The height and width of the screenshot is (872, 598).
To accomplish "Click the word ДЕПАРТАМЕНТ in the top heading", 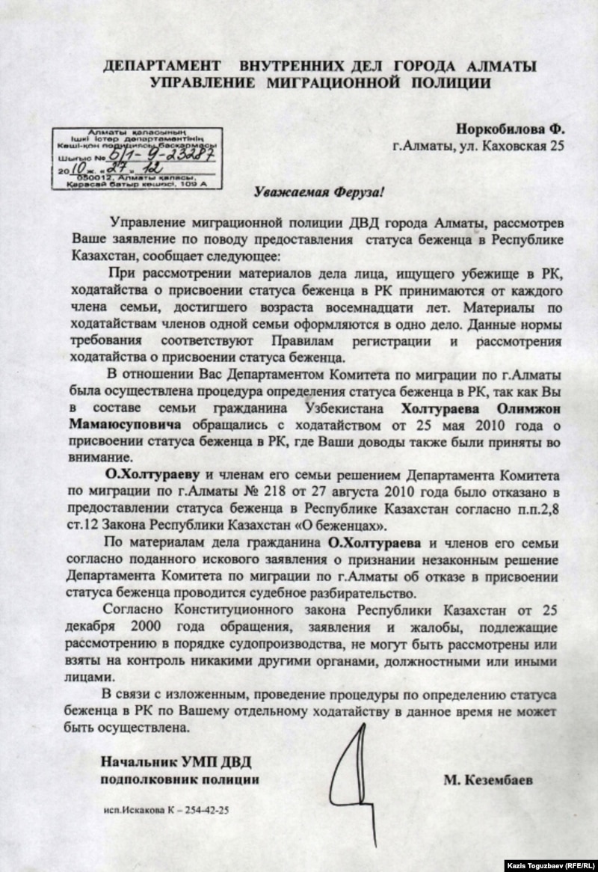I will coord(154,67).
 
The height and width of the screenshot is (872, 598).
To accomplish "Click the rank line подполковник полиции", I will coord(180,780).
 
